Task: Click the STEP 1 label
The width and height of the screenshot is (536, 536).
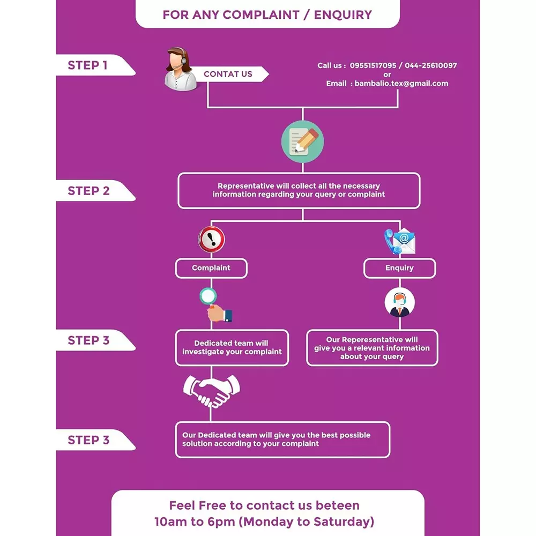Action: click(87, 65)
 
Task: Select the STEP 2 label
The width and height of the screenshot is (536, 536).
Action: click(88, 191)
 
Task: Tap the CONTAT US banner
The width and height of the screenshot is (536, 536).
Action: click(228, 74)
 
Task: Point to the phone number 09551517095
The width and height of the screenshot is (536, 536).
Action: click(373, 65)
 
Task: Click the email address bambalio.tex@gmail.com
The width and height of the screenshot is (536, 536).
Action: click(401, 84)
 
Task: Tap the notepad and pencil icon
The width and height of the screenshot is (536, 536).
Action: click(303, 142)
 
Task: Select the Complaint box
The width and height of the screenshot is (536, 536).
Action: click(211, 268)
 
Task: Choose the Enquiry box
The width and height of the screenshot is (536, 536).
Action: click(399, 268)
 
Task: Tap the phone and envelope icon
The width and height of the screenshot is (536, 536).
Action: click(400, 242)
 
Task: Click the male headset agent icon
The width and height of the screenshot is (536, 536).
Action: click(399, 303)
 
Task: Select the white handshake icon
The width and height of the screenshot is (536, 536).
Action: click(211, 390)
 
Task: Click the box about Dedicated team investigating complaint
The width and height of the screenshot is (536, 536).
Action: click(232, 348)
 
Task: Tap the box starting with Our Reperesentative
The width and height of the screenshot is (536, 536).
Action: click(372, 348)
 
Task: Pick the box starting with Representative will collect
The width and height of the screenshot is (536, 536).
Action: click(299, 190)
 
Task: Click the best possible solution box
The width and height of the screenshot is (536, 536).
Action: click(282, 440)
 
